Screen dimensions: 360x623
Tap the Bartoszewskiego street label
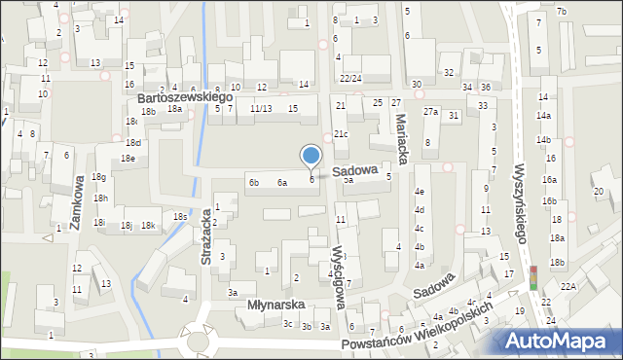click(185, 98)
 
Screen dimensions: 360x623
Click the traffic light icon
click(532, 277)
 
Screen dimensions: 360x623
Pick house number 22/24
click(350, 78)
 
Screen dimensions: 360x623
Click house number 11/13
click(260, 108)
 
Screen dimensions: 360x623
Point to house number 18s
click(180, 216)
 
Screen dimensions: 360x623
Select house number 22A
click(568, 286)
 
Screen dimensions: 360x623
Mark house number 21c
click(341, 134)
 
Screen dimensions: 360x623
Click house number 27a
click(430, 112)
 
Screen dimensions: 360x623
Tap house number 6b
click(254, 182)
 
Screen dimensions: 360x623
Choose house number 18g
click(98, 177)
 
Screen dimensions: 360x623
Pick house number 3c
click(287, 323)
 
